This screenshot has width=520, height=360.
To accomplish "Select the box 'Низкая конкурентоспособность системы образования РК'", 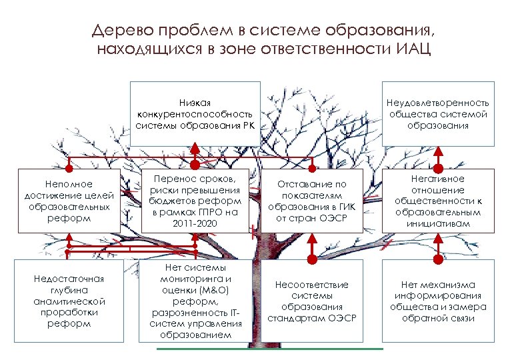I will [x=195, y=114].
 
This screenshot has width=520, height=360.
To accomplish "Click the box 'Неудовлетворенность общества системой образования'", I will [x=439, y=114].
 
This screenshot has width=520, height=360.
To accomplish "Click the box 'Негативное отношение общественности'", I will [x=438, y=201].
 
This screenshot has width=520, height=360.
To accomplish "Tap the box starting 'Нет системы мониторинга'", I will [x=195, y=300].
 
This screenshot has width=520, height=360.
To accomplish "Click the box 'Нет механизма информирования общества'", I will [x=438, y=300].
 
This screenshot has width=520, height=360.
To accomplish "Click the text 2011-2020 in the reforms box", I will [x=195, y=222].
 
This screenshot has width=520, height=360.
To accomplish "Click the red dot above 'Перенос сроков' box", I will [x=195, y=164].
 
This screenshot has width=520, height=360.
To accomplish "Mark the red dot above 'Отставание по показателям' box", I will [x=311, y=164].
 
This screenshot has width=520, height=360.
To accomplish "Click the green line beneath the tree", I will [x=269, y=348].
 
